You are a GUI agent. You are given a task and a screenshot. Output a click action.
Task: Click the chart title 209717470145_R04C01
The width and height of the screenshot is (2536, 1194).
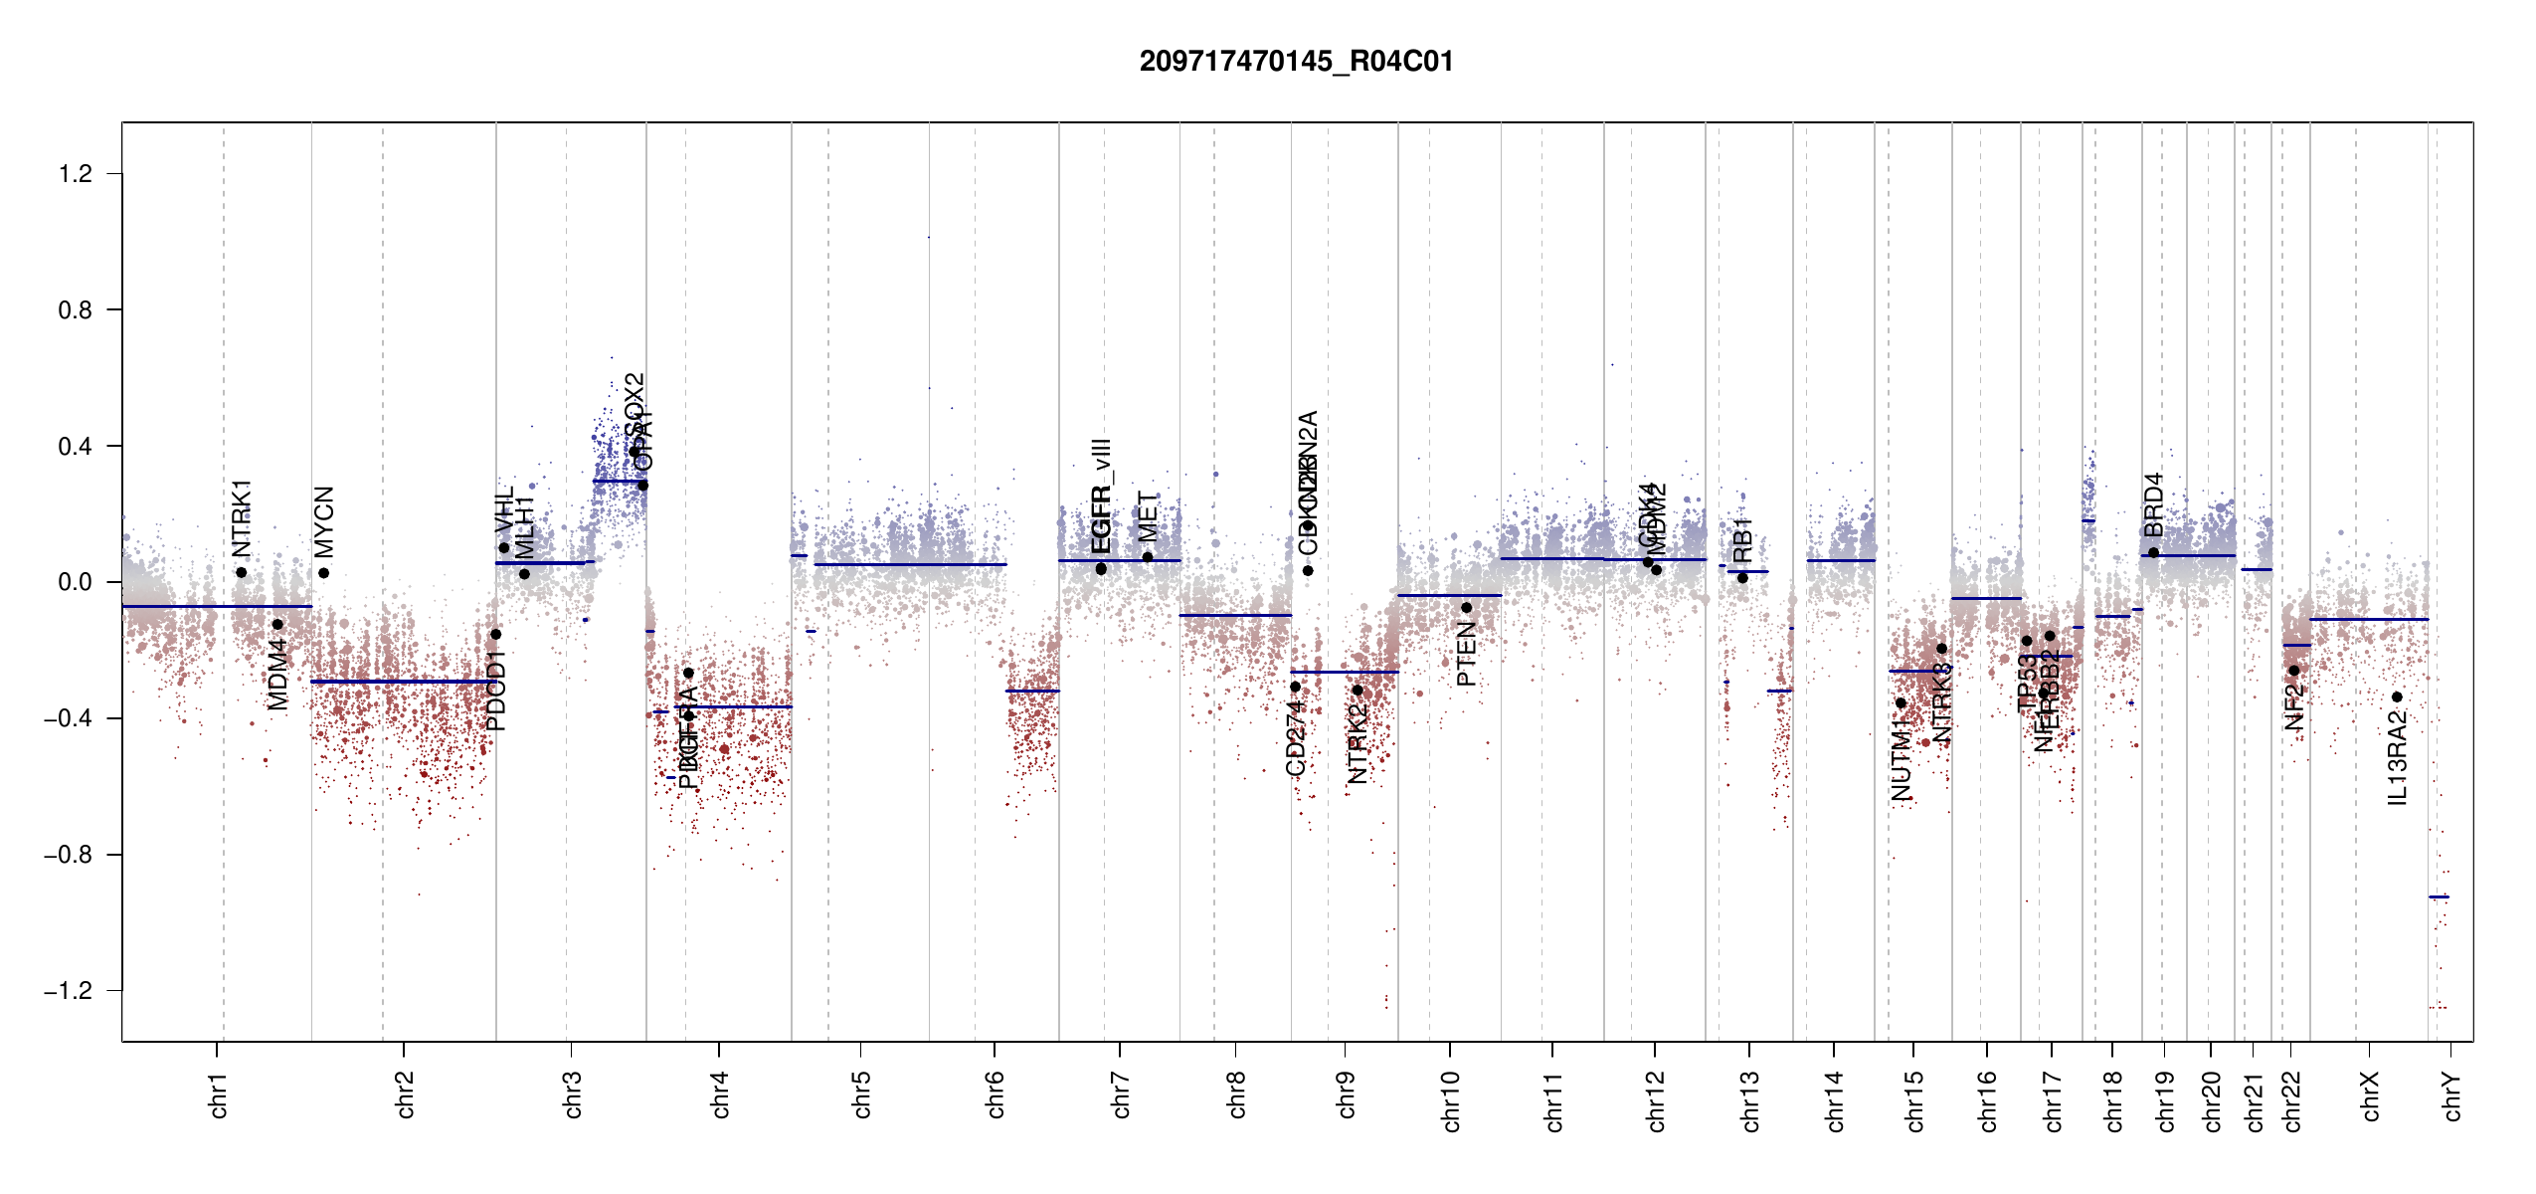[1296, 62]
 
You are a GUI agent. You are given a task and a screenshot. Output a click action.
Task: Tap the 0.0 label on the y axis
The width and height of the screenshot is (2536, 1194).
[76, 582]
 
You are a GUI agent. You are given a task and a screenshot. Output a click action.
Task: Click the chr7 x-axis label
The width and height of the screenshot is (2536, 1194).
[1121, 1094]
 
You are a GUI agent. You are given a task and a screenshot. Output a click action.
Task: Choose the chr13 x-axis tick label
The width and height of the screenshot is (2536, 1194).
[1750, 1100]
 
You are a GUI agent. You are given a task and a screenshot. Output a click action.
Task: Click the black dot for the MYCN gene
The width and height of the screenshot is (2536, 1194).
[323, 573]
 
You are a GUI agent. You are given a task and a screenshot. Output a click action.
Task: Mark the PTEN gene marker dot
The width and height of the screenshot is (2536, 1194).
[1466, 608]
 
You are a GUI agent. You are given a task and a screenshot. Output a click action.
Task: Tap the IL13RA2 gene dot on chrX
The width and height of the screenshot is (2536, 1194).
[2397, 697]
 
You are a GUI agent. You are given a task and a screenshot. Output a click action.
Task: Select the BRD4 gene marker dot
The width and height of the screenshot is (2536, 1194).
[2153, 553]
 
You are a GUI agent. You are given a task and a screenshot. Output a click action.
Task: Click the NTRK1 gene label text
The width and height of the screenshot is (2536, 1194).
[242, 517]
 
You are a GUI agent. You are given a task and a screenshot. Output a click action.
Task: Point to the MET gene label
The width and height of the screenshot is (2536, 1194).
[1148, 516]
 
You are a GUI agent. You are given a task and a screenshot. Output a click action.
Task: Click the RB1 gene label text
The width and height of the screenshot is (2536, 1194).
[1742, 540]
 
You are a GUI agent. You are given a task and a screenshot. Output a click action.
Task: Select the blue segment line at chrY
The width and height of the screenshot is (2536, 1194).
[2439, 897]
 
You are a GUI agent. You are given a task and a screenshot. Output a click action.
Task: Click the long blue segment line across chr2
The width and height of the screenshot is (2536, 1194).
[403, 682]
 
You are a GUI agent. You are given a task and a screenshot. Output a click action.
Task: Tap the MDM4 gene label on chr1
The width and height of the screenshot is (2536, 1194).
[278, 674]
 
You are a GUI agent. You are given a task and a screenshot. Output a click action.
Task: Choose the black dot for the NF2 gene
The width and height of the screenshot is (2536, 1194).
[2293, 671]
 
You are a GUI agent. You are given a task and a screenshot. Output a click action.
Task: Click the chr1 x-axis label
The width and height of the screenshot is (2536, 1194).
[219, 1094]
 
